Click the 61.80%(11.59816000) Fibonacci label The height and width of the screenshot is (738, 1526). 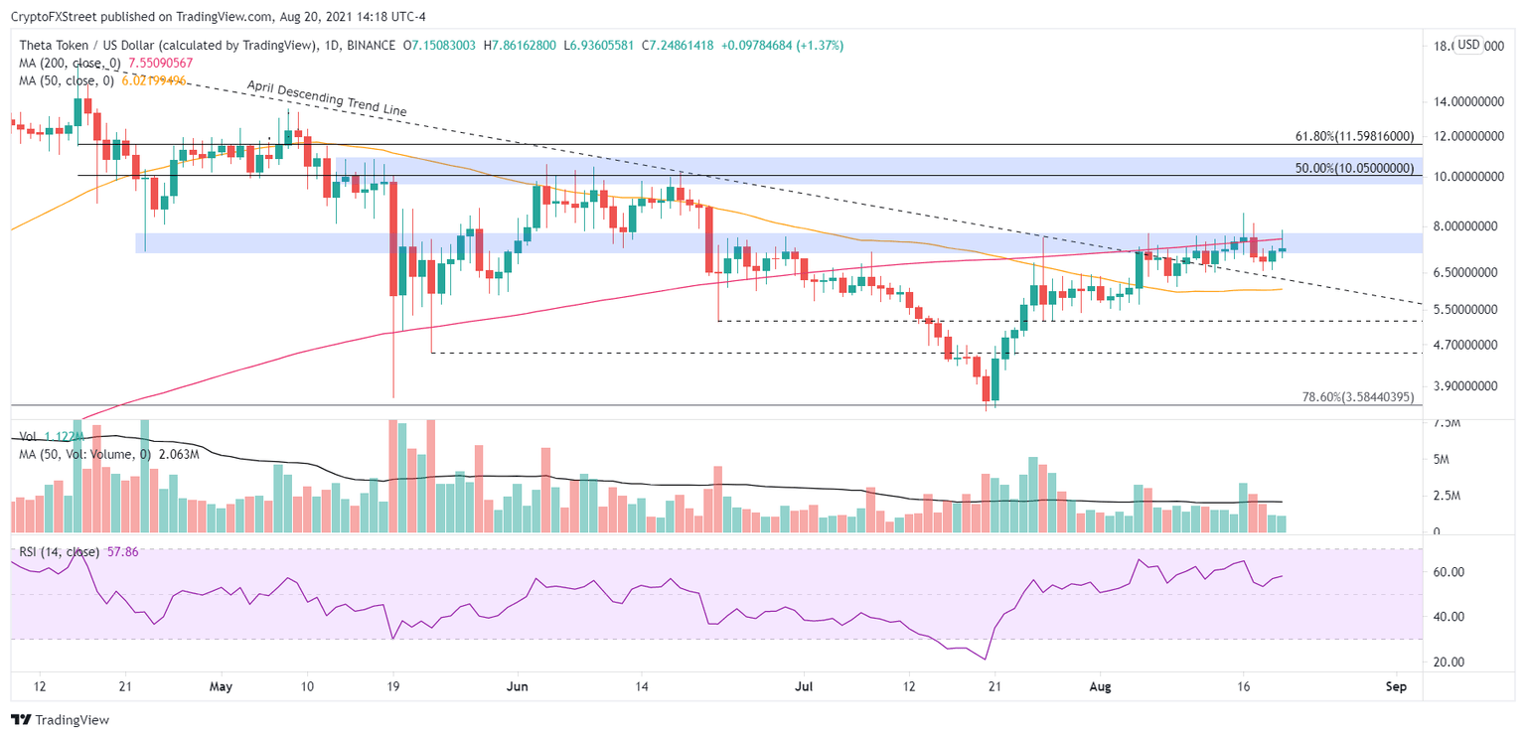[x=1352, y=135]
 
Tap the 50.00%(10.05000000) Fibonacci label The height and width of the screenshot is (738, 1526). [x=1352, y=169]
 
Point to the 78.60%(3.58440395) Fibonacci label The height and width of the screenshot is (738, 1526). [x=1357, y=397]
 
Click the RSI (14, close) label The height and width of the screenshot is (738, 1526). [x=54, y=552]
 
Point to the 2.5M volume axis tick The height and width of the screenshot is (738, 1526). [x=1449, y=496]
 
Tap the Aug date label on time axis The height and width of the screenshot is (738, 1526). [x=1098, y=685]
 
